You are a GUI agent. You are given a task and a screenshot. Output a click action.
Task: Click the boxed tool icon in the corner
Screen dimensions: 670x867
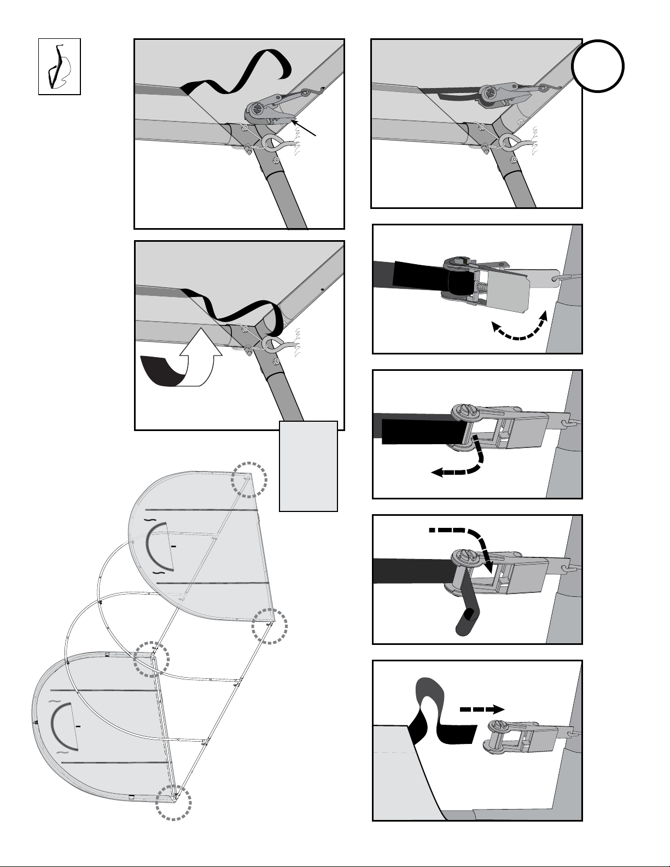point(59,66)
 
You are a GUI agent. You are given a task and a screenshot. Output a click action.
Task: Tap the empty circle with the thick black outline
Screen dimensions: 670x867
point(598,66)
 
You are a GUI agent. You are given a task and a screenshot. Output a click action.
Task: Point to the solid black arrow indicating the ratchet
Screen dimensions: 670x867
point(306,128)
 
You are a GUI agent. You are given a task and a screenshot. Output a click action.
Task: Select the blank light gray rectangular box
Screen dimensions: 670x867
point(308,465)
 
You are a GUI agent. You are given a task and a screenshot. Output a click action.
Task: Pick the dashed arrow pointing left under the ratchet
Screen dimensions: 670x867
point(458,462)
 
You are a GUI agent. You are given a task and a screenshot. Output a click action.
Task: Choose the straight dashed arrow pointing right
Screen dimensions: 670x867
point(481,708)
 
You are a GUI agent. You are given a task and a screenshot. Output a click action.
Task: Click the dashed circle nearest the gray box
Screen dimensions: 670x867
point(248,479)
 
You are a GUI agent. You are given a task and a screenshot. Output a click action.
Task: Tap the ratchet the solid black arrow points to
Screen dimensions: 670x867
point(268,109)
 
